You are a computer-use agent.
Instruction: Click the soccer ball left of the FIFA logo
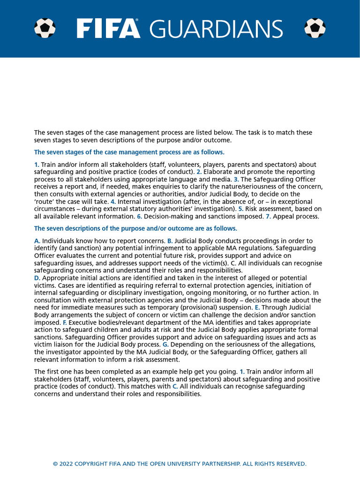click(45, 28)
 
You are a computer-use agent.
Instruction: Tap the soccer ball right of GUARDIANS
click(315, 28)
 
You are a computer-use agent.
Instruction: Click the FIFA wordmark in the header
click(108, 29)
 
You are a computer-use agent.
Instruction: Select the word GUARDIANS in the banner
click(216, 29)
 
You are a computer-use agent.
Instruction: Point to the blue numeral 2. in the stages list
click(199, 172)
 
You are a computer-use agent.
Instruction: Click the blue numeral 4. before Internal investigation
click(113, 202)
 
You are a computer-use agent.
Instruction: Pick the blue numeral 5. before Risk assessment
click(240, 209)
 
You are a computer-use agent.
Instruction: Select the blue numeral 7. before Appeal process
click(268, 217)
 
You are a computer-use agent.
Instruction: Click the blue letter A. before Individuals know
click(37, 240)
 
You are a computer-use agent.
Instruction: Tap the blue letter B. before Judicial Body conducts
click(170, 240)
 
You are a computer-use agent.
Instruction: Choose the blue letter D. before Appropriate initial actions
click(37, 278)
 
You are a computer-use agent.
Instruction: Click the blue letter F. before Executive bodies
click(65, 322)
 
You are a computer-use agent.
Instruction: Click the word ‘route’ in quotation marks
click(45, 202)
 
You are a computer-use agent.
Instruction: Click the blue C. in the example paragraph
click(175, 387)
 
